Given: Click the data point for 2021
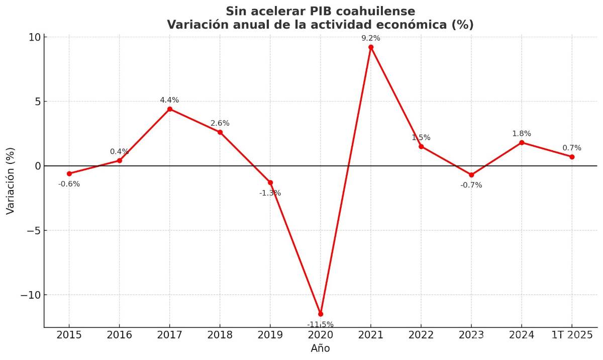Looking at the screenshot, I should pos(371,47).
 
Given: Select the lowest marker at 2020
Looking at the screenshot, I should pos(321,314).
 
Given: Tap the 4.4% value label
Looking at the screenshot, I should pos(169,100).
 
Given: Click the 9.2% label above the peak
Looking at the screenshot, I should pos(371,38).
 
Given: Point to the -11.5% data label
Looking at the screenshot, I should pos(321,324).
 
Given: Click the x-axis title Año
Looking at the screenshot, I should pos(321,348).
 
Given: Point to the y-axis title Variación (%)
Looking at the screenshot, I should pos(11,181).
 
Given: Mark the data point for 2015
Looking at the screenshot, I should pos(69,173).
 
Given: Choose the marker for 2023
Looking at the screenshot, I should pos(471,175).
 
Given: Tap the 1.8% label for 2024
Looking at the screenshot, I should pos(522,134).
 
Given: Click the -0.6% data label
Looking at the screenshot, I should pos(69,184).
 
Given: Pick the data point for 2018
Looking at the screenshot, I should pos(220,132).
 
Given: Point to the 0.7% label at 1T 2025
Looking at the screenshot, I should pos(572,148).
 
